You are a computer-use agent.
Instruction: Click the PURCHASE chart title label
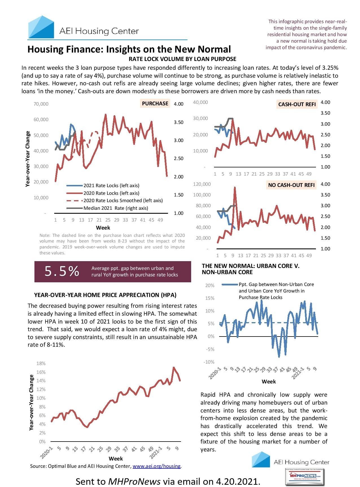[155, 104]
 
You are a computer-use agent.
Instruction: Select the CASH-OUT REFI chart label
[297, 104]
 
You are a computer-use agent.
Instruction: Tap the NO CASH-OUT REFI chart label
[291, 185]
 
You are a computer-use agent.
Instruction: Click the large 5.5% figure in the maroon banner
[62, 271]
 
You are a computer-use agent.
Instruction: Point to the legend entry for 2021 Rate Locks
[111, 185]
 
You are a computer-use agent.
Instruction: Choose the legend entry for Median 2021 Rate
[115, 208]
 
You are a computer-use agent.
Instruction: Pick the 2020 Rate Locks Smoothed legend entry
[123, 200]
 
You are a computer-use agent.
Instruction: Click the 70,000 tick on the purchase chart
[41, 104]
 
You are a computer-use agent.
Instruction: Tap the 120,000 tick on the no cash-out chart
[202, 184]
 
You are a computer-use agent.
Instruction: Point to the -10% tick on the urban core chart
[209, 362]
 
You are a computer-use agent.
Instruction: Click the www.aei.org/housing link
[156, 466]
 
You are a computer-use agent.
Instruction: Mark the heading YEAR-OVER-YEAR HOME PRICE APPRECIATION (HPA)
[105, 295]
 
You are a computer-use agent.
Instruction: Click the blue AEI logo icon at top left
[41, 27]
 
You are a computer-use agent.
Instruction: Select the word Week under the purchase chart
[103, 228]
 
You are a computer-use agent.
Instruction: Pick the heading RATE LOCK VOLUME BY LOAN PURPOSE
[182, 59]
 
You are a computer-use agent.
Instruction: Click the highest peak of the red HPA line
[174, 367]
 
